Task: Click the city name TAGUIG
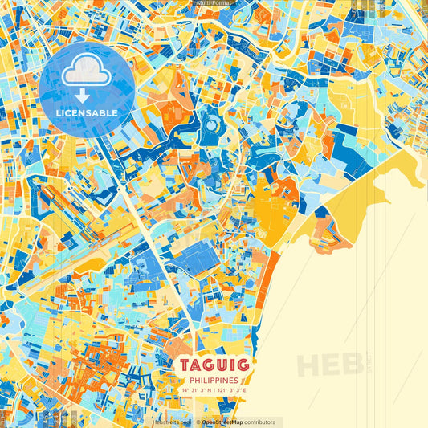(214, 366)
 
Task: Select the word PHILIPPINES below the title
(214, 381)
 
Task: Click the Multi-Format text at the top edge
(214, 3)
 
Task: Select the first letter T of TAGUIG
(185, 366)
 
